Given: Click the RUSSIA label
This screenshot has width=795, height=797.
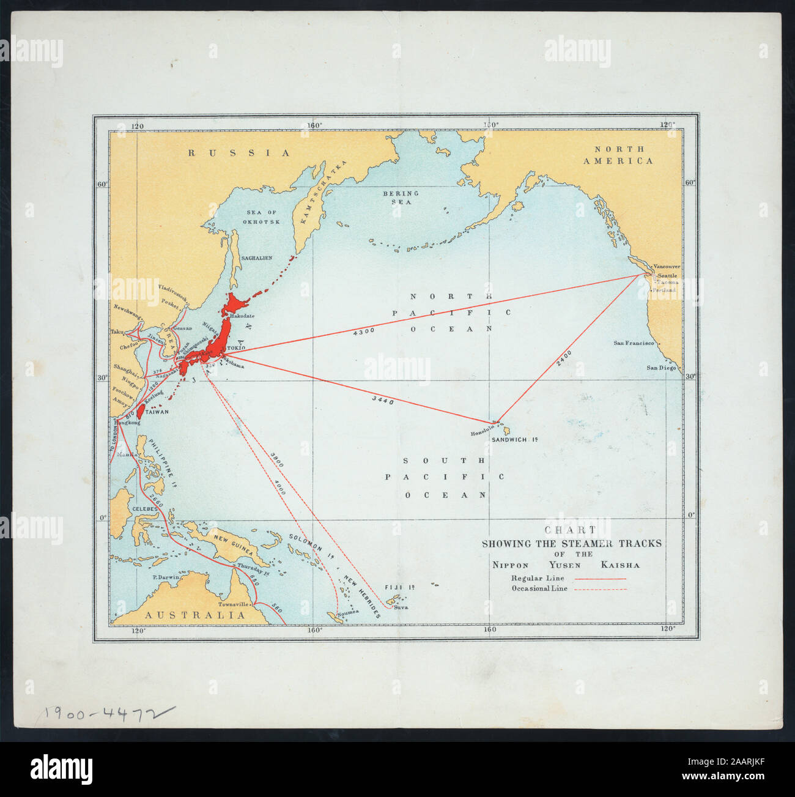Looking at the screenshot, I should [x=239, y=153].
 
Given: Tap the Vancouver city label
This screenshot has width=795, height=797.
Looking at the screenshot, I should [x=666, y=267].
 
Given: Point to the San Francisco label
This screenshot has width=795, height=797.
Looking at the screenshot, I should [x=634, y=343].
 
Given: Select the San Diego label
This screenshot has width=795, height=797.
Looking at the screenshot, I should [x=662, y=368].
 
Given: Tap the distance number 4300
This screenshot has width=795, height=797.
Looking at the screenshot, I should [x=364, y=332].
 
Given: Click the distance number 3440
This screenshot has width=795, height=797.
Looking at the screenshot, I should [x=382, y=401].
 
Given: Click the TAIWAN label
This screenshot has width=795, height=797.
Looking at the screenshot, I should [x=157, y=412].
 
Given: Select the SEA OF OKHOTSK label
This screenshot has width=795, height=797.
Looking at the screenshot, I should [x=260, y=217].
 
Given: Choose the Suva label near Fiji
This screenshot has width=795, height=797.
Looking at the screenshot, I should [x=401, y=607].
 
